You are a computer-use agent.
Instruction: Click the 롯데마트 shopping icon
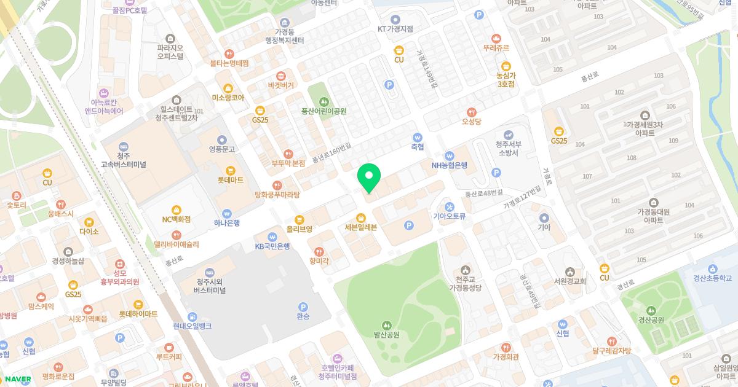231,170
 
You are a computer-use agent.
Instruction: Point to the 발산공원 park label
386,335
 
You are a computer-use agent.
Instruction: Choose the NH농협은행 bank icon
450,155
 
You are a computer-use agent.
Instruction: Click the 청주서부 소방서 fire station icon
508,135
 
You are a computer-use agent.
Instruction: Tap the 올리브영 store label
300,229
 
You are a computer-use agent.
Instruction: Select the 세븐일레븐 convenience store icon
361,217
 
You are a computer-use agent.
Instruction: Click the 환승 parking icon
303,307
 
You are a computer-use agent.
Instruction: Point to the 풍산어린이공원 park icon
324,101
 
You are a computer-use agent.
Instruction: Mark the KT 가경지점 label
395,29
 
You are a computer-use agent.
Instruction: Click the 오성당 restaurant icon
472,112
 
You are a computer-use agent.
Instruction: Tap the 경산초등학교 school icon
712,268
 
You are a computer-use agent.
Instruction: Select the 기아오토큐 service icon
450,206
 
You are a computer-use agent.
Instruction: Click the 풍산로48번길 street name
483,193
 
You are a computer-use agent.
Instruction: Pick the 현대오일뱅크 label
192,326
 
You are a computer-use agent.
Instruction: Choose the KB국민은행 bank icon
272,237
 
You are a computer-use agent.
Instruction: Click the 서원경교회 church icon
570,272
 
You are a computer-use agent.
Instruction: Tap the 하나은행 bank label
227,222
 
